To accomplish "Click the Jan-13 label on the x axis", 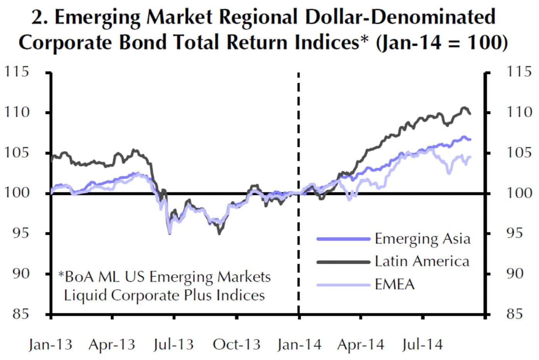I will pos(50,344).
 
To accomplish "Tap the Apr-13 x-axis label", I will pos(112,344).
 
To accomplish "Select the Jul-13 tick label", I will pos(173,344).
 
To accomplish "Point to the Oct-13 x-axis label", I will pos(237,344).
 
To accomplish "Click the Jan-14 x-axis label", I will pos(299,344).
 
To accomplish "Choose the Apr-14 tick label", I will pos(361,344).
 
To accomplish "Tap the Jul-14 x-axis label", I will pos(422,344).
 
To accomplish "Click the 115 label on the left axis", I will pos(17,72).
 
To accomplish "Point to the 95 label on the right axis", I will pos(514,233).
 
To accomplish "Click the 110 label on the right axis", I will pos(518,112).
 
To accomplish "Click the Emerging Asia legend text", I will pos(423,239).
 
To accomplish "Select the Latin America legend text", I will pos(422,261).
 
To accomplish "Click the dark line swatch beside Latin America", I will pos(343,262).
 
